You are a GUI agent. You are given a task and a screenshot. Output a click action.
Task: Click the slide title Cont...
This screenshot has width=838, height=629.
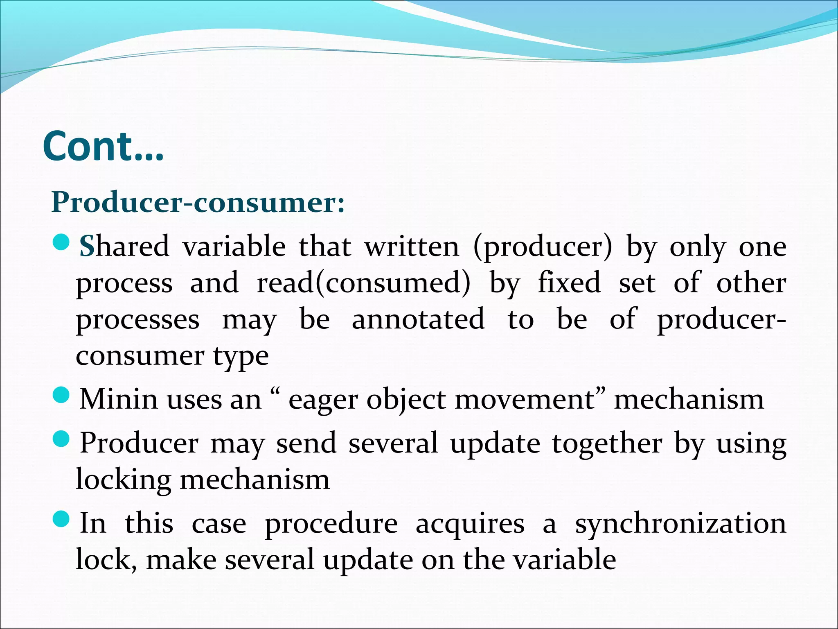click(103, 147)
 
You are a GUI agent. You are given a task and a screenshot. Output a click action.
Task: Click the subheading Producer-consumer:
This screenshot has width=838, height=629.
click(198, 202)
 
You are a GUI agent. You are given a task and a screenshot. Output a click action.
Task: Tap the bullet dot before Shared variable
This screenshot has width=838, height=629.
click(62, 243)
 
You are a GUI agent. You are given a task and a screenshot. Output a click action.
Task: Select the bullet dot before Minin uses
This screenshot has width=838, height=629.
click(62, 396)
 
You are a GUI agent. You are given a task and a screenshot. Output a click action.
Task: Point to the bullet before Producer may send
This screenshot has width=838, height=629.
click(62, 440)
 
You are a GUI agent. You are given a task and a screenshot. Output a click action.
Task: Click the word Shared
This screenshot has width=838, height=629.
click(124, 247)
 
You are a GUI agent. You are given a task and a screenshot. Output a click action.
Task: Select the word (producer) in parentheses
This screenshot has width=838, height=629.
click(543, 247)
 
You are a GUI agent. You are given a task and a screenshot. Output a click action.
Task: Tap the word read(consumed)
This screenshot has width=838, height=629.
click(363, 283)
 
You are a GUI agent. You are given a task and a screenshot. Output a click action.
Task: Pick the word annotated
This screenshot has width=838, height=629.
click(418, 319)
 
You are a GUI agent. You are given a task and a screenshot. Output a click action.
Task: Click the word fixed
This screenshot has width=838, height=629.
click(569, 283)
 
